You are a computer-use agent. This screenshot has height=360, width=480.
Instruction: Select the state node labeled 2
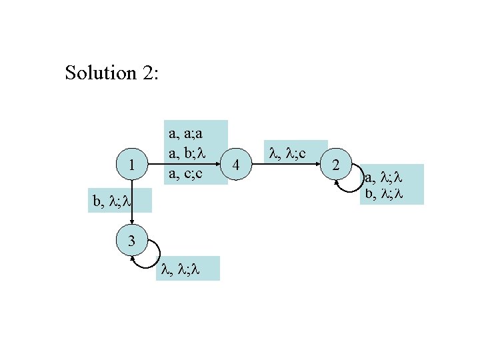[337, 164]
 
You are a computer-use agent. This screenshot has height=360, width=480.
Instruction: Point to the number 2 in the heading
[146, 73]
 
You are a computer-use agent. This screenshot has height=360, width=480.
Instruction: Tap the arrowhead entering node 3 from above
[132, 225]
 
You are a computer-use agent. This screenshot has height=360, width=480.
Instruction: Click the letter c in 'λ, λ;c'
[302, 154]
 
